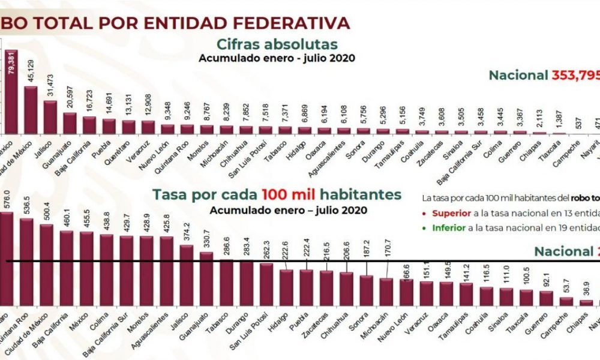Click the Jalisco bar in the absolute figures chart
[x=50, y=117]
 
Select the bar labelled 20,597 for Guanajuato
[x=70, y=123]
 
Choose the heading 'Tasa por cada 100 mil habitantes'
[x=277, y=194]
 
